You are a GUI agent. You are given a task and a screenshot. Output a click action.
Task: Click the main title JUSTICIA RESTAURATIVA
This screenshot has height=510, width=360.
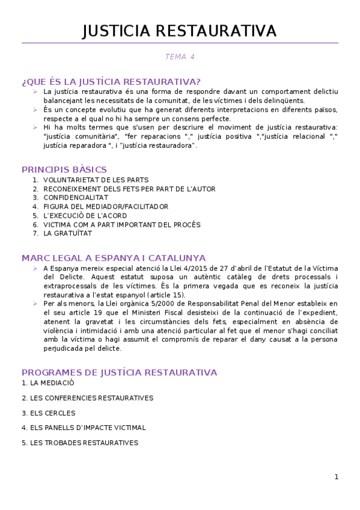click(x=180, y=31)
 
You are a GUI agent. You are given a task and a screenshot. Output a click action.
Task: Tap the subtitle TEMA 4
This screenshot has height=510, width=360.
click(x=180, y=57)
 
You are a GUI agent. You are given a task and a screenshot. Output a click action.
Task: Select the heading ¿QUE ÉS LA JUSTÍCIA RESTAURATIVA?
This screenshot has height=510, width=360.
click(x=111, y=81)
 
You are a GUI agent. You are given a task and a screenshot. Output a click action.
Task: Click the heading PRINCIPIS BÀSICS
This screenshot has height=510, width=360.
click(x=64, y=170)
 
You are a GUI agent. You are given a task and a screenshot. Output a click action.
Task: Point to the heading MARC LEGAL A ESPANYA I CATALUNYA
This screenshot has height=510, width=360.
click(x=114, y=257)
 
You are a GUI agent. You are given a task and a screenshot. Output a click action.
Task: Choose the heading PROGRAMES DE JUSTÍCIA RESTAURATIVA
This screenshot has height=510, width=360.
click(x=119, y=372)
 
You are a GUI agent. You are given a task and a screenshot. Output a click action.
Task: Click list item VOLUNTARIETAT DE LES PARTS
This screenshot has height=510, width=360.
click(x=96, y=180)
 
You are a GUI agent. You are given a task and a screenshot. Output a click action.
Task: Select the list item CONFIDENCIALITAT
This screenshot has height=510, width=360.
click(x=76, y=197)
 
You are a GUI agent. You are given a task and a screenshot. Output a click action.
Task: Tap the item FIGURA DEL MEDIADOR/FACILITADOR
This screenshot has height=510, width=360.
click(x=106, y=206)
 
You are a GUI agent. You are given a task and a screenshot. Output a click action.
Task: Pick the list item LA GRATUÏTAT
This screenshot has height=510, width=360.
click(x=67, y=233)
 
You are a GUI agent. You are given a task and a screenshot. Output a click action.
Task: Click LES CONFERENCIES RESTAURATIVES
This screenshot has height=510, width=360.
click(x=87, y=398)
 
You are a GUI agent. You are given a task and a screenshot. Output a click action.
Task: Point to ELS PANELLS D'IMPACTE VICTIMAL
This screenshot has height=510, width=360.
click(x=84, y=428)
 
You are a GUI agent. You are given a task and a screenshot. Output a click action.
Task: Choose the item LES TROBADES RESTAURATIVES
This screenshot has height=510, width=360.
click(x=80, y=443)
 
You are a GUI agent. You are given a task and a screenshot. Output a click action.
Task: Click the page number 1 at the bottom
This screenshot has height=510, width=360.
click(x=337, y=477)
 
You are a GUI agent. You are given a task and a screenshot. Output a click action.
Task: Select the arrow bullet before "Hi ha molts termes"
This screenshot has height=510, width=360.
click(x=35, y=127)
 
